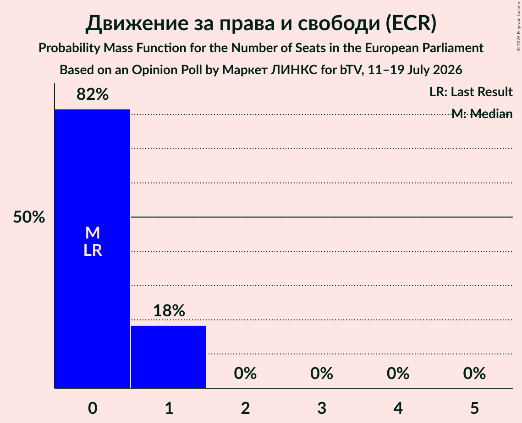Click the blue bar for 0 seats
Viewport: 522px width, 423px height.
(x=93, y=249)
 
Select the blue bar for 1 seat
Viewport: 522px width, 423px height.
(x=169, y=357)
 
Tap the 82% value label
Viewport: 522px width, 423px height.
(x=93, y=94)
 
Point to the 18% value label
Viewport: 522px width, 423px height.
(x=169, y=310)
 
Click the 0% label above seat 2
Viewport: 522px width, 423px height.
(x=245, y=373)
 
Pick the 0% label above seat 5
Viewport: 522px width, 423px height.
(x=474, y=373)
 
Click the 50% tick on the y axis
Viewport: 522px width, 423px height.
(x=29, y=217)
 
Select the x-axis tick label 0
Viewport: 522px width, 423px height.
(x=93, y=408)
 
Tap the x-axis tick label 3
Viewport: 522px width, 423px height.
(x=322, y=408)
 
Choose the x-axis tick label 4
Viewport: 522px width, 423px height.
(x=398, y=408)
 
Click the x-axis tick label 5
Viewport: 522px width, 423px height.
(x=474, y=408)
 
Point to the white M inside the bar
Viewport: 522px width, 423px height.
(x=93, y=233)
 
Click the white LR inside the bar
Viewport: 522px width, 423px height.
(x=93, y=250)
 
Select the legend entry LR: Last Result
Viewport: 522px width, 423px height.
(x=471, y=92)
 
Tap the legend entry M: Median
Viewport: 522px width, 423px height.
(x=482, y=114)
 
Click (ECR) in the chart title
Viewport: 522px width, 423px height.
(x=411, y=23)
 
